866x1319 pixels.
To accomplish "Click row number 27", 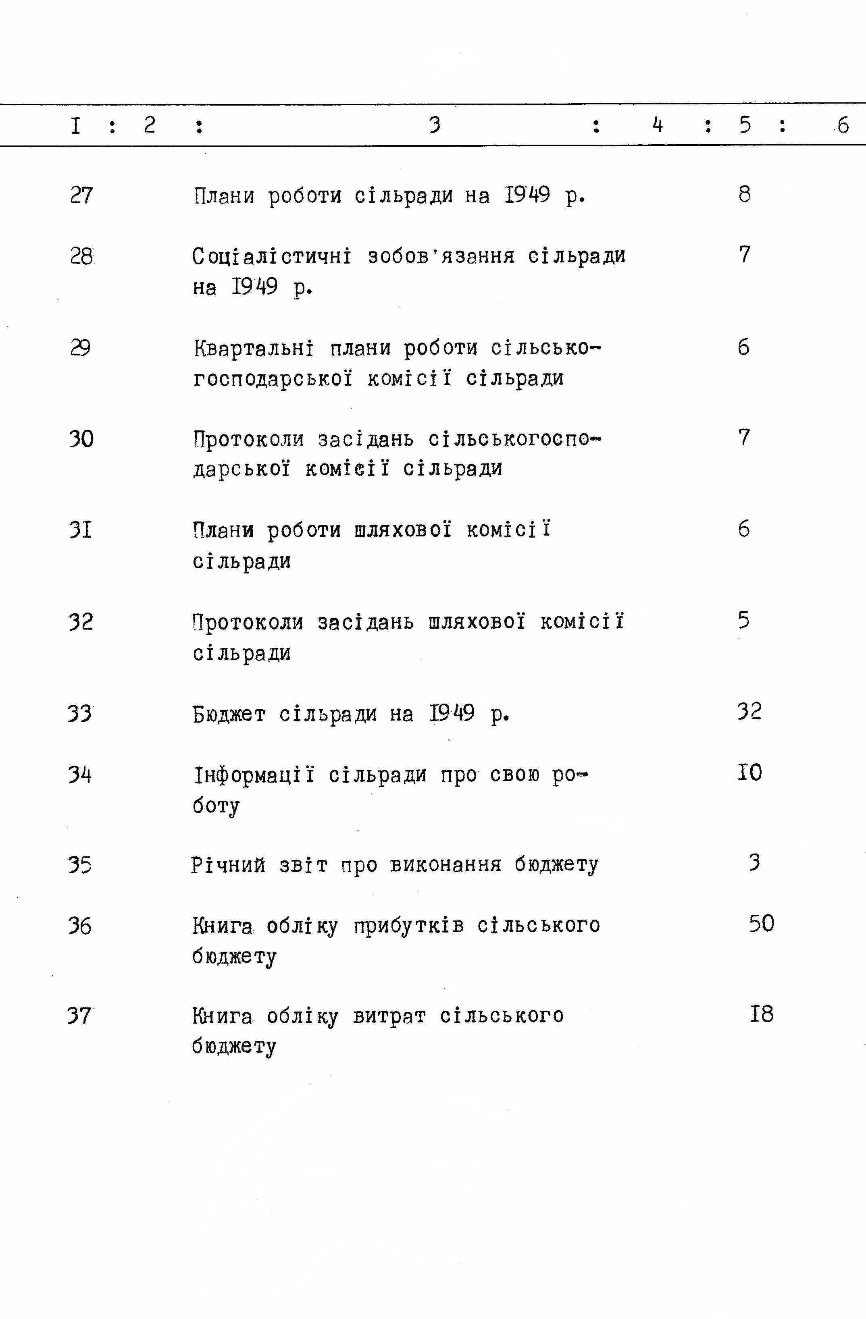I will (x=81, y=195).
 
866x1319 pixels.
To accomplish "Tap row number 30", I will (x=81, y=440).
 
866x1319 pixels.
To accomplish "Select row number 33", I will (x=80, y=713).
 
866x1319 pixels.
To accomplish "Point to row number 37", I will (x=79, y=1015).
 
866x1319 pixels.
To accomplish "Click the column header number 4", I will (x=658, y=125).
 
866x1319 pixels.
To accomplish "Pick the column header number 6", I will (x=843, y=125).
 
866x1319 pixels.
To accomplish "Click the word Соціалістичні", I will (x=272, y=256).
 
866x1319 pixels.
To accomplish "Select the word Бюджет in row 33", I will (x=229, y=714).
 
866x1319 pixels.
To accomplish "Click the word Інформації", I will (x=254, y=774).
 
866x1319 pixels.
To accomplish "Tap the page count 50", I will (x=762, y=923).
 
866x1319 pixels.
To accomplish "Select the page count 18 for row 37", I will (x=762, y=1014).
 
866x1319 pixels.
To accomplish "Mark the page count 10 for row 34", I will (x=749, y=772).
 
